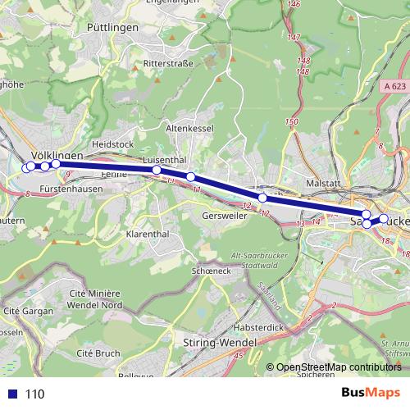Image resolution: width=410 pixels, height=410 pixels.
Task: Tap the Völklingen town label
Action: click(x=57, y=154)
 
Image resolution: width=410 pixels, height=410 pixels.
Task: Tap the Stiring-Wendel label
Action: click(x=221, y=343)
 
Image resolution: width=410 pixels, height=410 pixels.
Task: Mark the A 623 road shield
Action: click(x=394, y=84)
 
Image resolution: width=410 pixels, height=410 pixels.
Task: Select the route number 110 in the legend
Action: click(x=34, y=394)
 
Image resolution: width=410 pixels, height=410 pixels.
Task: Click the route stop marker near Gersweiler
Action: click(x=262, y=198)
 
